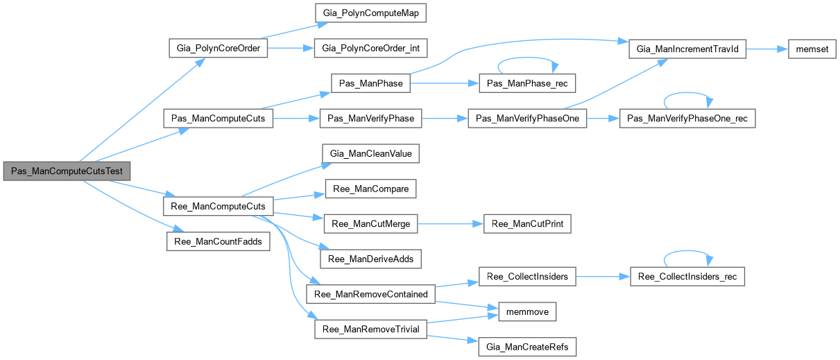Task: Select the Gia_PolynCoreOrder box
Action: (x=218, y=49)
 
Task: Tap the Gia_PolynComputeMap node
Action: (x=370, y=14)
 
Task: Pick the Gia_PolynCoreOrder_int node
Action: (x=370, y=49)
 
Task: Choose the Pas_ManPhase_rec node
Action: (x=514, y=84)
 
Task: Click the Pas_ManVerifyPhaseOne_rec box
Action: (x=685, y=119)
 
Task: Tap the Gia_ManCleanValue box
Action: (x=370, y=153)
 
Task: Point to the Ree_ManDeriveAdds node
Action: (x=370, y=258)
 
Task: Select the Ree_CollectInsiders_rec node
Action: (x=687, y=277)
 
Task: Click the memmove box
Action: (x=524, y=312)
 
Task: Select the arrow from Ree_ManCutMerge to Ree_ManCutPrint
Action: (x=450, y=223)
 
